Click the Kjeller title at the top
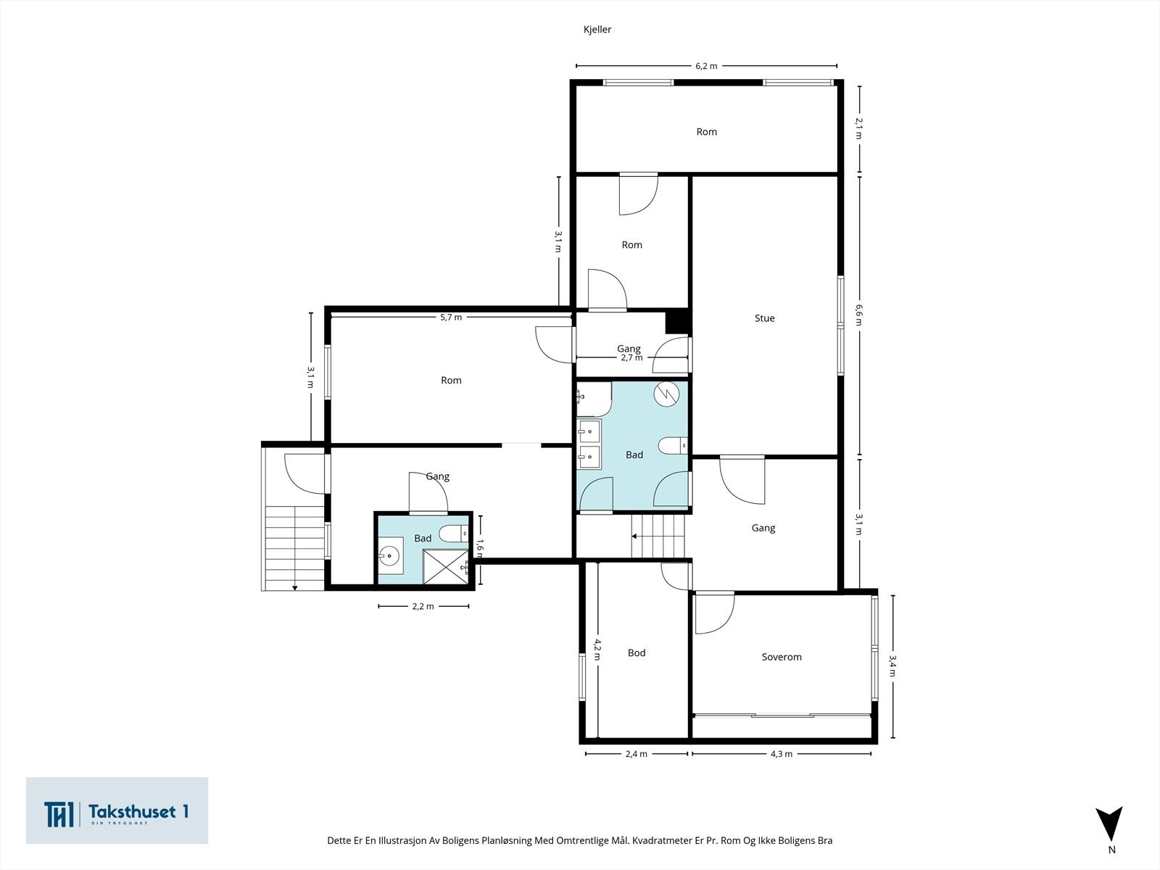click(597, 30)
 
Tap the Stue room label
click(765, 318)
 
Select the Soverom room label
click(782, 657)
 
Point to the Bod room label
click(637, 653)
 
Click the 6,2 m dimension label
click(707, 66)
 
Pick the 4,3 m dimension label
click(782, 754)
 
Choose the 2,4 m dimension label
click(637, 754)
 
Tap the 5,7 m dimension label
click(452, 318)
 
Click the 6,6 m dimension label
click(859, 315)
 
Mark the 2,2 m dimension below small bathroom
click(423, 606)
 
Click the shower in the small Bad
click(446, 567)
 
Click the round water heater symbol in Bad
click(666, 394)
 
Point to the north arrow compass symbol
click(1109, 825)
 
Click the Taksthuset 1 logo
click(117, 811)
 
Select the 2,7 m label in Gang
click(631, 357)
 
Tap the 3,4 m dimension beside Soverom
click(892, 666)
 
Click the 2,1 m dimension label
click(859, 128)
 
